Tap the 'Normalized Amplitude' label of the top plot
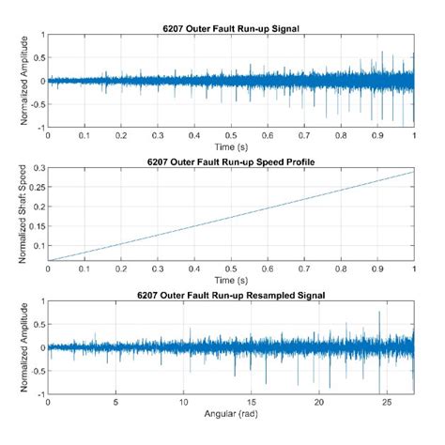(x=13, y=80)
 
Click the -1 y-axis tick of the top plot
(x=40, y=126)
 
